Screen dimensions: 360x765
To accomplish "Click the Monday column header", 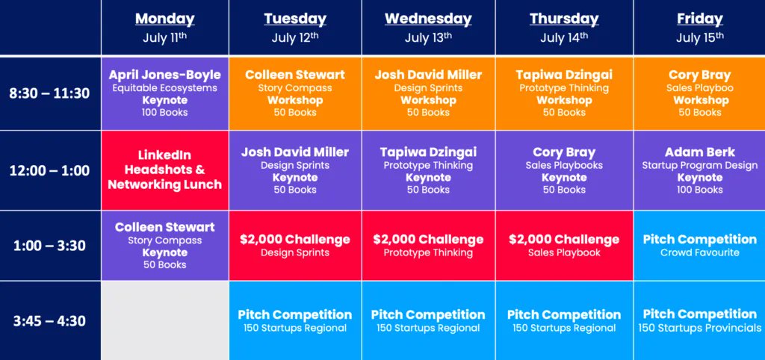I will tap(164, 19).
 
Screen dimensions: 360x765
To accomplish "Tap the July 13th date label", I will tap(428, 37).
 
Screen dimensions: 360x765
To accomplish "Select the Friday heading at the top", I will tap(699, 19).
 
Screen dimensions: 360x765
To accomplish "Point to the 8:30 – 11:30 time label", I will tap(49, 93).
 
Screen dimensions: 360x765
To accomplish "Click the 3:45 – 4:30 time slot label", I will tap(49, 321).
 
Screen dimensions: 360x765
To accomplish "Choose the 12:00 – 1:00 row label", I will tap(49, 170).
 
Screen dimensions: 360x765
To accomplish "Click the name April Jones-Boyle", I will tap(164, 75).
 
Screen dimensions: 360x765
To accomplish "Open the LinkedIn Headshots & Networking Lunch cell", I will tap(164, 170).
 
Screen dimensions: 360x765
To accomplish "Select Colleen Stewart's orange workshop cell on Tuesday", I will tap(295, 93).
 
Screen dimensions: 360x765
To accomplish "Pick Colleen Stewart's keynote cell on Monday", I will tap(164, 245).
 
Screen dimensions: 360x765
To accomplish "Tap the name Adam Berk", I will tap(699, 152).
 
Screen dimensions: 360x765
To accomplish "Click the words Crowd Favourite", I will tap(699, 252).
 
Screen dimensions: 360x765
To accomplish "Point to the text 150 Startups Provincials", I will tap(699, 328).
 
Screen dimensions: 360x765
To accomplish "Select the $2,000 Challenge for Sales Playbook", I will tap(564, 245).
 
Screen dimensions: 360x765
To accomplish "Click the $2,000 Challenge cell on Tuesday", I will tap(295, 245).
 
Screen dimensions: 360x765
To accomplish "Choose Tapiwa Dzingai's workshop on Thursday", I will tap(564, 93).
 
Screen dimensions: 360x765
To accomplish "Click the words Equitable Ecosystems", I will tap(164, 88).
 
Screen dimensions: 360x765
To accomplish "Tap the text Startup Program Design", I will tap(699, 165).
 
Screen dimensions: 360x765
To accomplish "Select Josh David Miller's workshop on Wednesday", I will tap(428, 93).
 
